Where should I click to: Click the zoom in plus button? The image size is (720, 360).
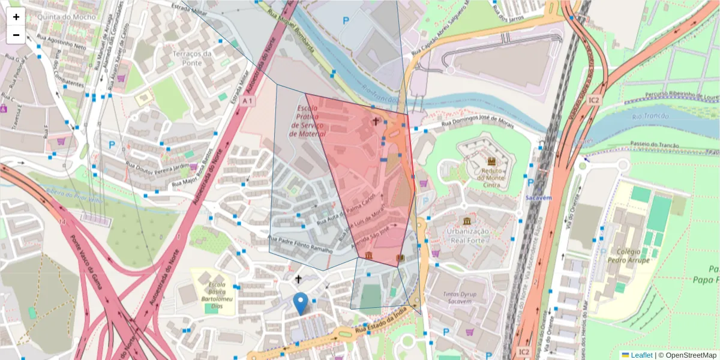tap(16, 17)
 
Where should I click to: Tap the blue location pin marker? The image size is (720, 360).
tap(301, 303)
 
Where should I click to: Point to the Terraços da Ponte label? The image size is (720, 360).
tap(193, 58)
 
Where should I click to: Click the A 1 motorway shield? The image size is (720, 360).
tap(247, 102)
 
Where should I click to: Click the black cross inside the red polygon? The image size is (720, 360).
tap(376, 122)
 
